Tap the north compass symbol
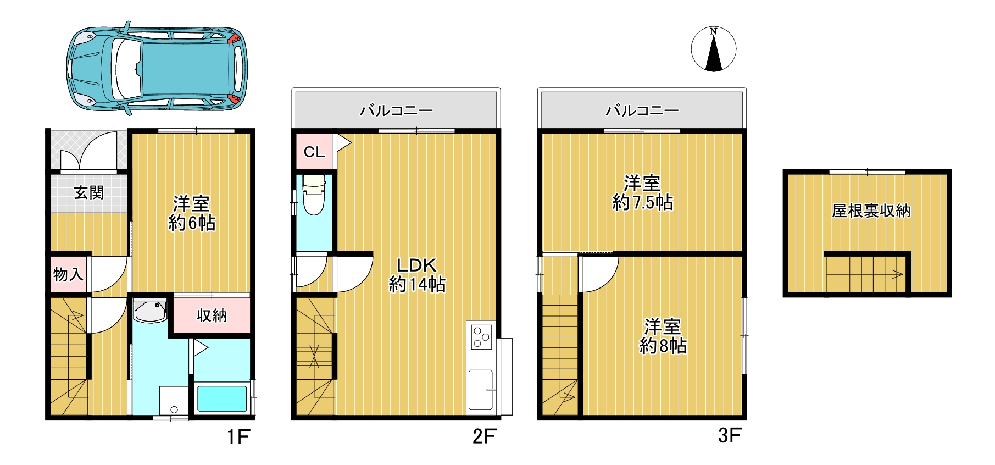pos(713,49)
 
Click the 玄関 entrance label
pos(89,193)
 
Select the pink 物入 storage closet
pos(68,274)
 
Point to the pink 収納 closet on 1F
pos(212,314)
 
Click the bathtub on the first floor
pos(222,398)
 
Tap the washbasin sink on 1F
pos(150,311)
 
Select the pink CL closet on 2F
pos(314,151)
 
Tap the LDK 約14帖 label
pos(417,275)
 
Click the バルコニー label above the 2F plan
pos(396,110)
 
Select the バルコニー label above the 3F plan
pos(642,110)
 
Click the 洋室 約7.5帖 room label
pos(642,193)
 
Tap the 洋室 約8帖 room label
pos(663,336)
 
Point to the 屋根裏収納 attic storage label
pos(871,211)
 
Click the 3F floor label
pos(730,436)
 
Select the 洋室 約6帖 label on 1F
pos(192,213)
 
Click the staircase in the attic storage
pos(865,274)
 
